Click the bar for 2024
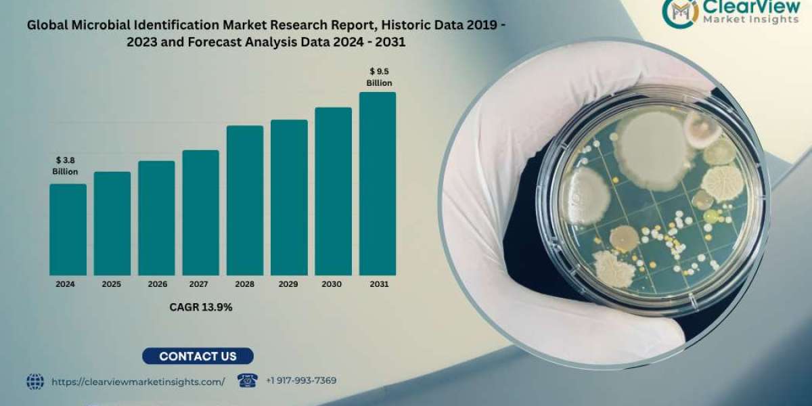click(x=68, y=230)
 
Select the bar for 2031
click(x=378, y=184)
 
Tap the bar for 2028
click(x=245, y=201)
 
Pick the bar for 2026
click(x=156, y=219)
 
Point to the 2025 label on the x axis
click(x=112, y=285)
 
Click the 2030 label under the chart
click(x=333, y=285)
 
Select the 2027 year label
click(x=200, y=285)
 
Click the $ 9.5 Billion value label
click(x=379, y=77)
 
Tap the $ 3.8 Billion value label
click(x=65, y=166)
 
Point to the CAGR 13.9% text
click(x=201, y=307)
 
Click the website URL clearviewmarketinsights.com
click(x=138, y=382)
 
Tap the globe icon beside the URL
click(x=35, y=382)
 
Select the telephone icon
click(x=248, y=380)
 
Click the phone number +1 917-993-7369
click(x=301, y=381)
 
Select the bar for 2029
click(x=289, y=198)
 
